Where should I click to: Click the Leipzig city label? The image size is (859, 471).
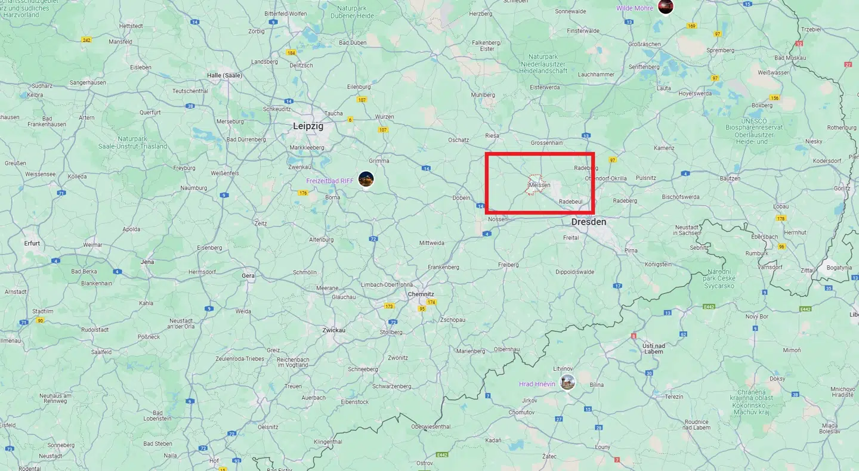[308, 126]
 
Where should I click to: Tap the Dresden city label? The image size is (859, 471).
[588, 222]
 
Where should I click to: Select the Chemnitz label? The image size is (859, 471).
[421, 294]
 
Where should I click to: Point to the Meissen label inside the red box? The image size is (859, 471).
[539, 185]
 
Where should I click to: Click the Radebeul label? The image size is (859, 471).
[570, 202]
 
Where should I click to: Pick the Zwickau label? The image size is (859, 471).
[333, 330]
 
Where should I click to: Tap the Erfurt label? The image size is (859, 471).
[32, 243]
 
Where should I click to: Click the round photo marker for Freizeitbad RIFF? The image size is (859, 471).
[366, 179]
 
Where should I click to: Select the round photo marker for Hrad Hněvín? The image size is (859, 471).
[568, 382]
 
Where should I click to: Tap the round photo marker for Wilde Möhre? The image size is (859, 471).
[665, 7]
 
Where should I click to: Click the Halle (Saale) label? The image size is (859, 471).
[224, 76]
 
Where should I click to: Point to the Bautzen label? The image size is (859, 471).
[730, 178]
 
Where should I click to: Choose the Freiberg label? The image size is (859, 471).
[508, 264]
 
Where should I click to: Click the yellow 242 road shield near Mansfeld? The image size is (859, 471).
[86, 39]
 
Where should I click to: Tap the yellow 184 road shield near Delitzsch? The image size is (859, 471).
[291, 52]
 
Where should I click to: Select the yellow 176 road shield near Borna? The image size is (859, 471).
[303, 193]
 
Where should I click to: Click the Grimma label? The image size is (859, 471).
[379, 161]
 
